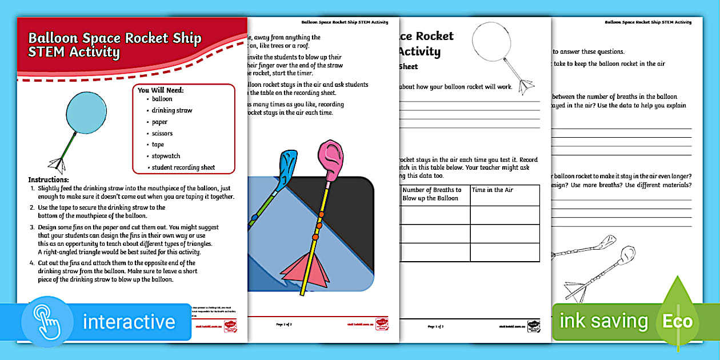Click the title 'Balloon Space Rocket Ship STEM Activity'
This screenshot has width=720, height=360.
[x=114, y=45]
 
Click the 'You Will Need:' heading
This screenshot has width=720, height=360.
[x=161, y=90]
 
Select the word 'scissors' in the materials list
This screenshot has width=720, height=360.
[x=162, y=133]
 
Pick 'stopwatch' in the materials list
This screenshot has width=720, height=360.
[x=166, y=156]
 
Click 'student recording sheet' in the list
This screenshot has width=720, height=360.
[x=183, y=167]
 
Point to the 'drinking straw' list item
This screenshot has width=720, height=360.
[x=172, y=110]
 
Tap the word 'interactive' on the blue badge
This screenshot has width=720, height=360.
[x=129, y=322]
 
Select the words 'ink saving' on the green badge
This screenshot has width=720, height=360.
[x=603, y=321]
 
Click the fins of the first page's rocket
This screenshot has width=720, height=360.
[x=57, y=164]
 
